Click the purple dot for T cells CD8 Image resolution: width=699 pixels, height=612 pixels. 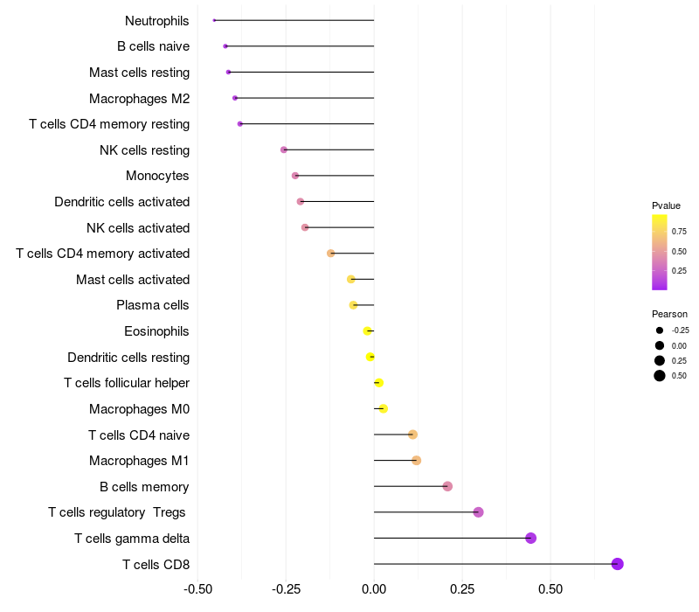click(x=618, y=564)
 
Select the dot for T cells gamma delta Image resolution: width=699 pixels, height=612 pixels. click(x=530, y=538)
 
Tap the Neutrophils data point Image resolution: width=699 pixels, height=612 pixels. click(x=214, y=20)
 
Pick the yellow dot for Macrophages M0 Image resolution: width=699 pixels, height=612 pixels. click(x=383, y=408)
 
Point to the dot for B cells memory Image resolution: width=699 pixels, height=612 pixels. click(x=447, y=486)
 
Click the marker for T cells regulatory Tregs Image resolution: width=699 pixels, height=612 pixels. click(x=478, y=512)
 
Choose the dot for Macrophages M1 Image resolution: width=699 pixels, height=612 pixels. click(x=416, y=461)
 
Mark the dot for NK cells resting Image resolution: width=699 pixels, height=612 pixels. click(x=284, y=150)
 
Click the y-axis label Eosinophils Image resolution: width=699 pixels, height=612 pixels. click(x=157, y=331)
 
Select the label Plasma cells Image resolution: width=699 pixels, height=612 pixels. click(x=153, y=305)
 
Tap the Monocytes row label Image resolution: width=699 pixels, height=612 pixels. click(x=157, y=176)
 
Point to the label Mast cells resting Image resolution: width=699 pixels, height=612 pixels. click(x=140, y=72)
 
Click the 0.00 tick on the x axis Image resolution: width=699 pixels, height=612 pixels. click(x=374, y=589)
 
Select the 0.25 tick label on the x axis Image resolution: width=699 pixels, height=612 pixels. click(x=462, y=589)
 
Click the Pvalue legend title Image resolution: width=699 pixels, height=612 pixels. click(x=666, y=205)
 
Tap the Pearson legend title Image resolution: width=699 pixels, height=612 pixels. click(x=669, y=314)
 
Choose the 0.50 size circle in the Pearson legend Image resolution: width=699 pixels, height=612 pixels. click(x=660, y=376)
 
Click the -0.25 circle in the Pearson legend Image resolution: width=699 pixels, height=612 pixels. click(x=660, y=330)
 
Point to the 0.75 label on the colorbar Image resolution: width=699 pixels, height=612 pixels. click(x=679, y=232)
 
